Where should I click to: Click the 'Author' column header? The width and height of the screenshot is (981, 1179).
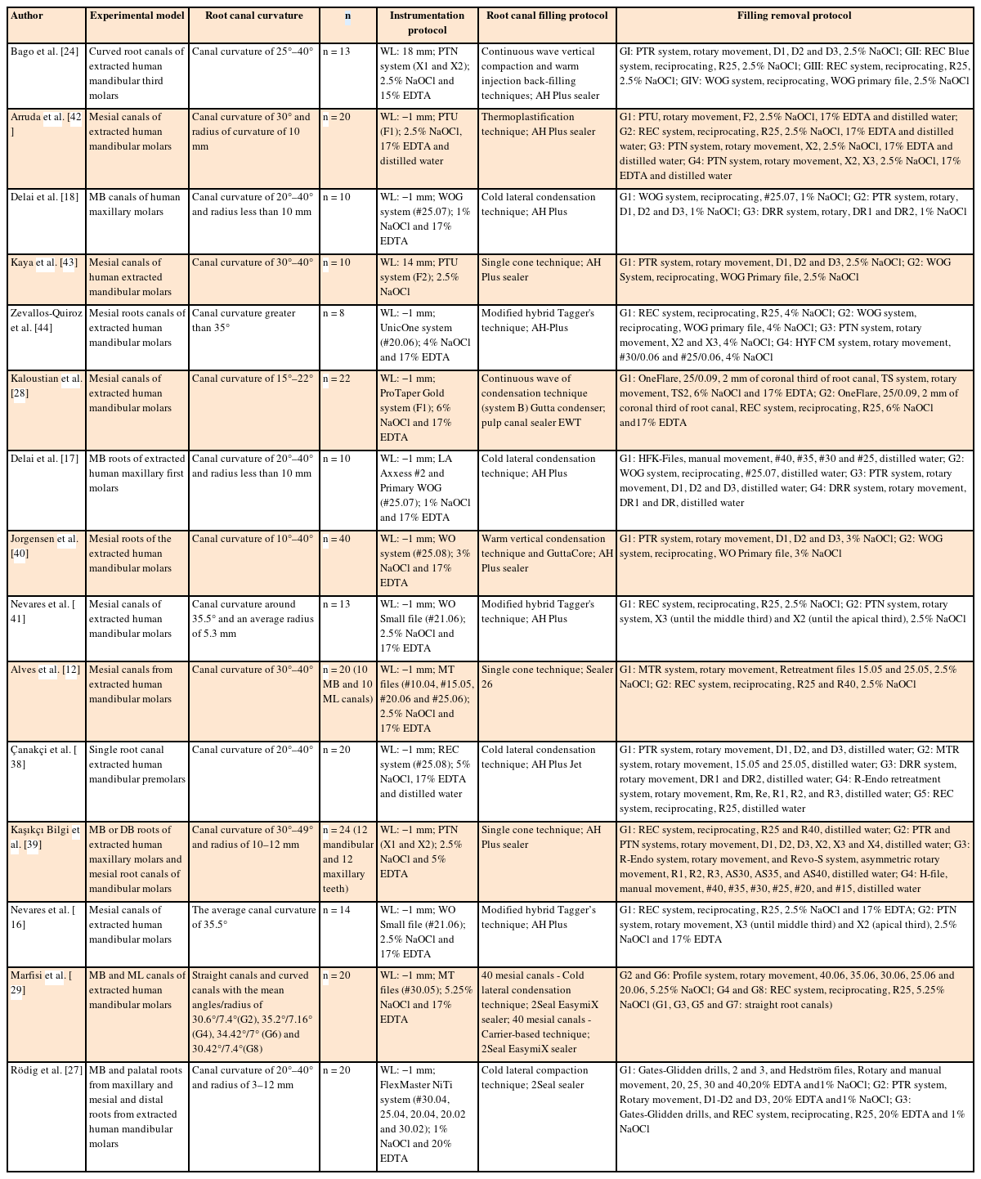tap(27, 16)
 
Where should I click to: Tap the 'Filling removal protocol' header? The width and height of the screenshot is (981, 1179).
tap(794, 16)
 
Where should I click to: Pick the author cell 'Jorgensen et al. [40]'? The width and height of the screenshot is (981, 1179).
tap(44, 546)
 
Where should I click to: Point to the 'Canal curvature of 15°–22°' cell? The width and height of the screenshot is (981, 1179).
tap(252, 379)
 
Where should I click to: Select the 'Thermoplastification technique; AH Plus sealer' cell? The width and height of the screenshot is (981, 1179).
tap(538, 124)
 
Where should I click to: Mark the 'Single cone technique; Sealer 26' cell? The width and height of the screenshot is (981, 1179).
tap(546, 677)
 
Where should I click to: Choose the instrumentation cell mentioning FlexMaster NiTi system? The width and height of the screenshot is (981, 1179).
tap(426, 1114)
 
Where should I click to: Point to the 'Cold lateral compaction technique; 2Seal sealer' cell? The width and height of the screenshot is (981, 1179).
tap(535, 1078)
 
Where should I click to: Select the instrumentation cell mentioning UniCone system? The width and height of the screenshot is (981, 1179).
tap(426, 335)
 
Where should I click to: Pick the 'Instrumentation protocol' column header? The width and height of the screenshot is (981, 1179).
tap(427, 23)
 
